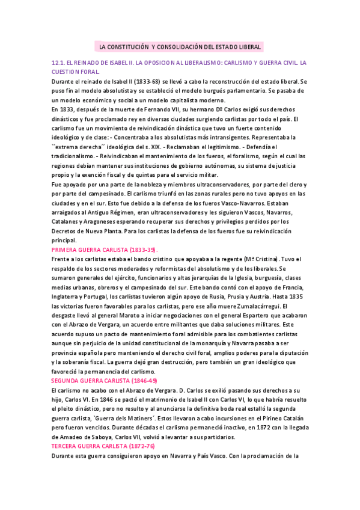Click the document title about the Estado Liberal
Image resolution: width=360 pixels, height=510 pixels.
click(x=179, y=47)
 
